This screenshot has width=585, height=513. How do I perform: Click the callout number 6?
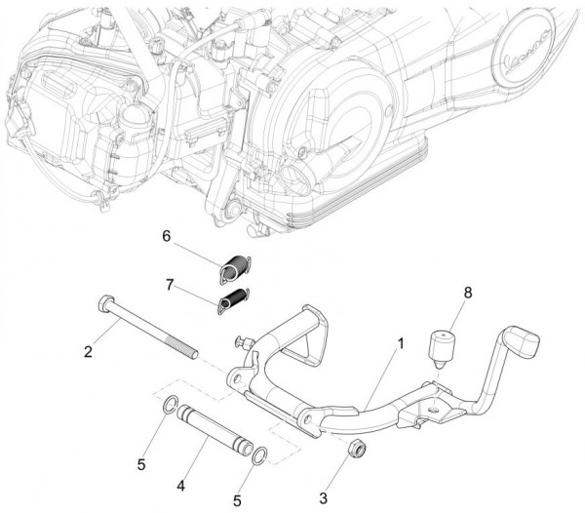click(x=167, y=236)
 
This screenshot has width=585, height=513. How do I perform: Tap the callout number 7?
click(x=170, y=285)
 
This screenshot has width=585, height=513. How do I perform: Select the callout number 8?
click(x=467, y=293)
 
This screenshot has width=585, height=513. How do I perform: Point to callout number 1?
click(x=401, y=343)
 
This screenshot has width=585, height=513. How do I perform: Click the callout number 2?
click(x=88, y=352)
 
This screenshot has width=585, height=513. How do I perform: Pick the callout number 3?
click(x=323, y=498)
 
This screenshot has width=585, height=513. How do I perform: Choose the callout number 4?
click(x=181, y=486)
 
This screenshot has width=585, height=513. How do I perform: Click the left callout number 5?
click(x=141, y=465)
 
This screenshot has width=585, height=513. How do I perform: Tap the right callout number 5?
click(x=237, y=501)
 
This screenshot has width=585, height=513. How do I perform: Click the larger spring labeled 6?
click(x=235, y=268)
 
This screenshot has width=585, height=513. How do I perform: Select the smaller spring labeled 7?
click(x=234, y=300)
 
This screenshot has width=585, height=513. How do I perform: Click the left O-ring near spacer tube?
click(x=170, y=406)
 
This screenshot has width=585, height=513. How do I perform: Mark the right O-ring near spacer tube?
click(x=260, y=455)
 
